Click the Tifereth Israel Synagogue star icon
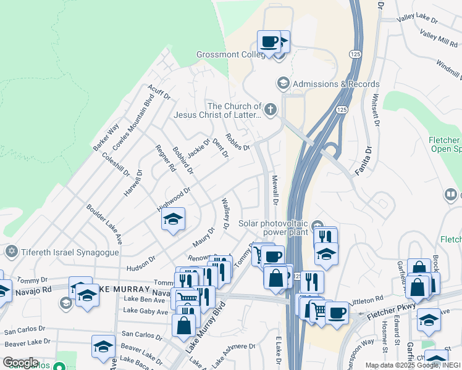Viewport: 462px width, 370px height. (10, 252)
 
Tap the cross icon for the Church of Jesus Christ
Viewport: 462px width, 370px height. (270, 110)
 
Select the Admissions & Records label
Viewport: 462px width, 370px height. (336, 84)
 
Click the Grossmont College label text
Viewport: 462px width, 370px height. (230, 54)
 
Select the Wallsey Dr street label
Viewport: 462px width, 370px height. (225, 213)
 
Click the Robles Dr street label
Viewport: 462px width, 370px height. (237, 142)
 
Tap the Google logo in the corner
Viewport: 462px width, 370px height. (21, 363)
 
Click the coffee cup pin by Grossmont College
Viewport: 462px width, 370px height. (269, 42)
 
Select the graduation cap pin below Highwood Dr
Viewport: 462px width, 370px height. (173, 219)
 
